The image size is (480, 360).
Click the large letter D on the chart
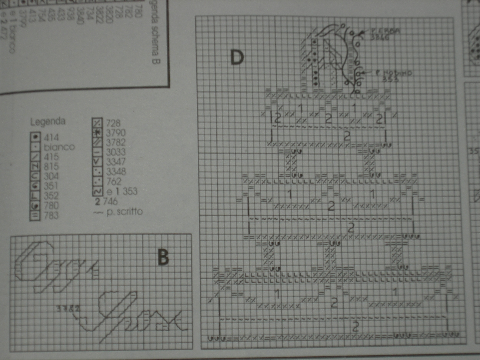tap(237, 57)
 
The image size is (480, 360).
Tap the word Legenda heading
tap(48, 121)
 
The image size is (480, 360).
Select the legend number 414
tap(51, 137)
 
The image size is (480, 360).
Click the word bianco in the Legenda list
tap(59, 147)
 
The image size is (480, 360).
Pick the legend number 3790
tap(116, 133)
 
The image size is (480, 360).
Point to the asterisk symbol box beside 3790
tap(97, 132)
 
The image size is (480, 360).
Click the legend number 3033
tap(116, 152)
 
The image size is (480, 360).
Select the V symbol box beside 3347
tap(97, 161)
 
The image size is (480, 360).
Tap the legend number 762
tap(114, 181)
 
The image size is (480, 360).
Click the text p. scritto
tap(124, 211)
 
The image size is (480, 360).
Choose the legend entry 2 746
tap(106, 201)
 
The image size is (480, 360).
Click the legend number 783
tap(51, 215)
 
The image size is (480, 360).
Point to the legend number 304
tap(51, 176)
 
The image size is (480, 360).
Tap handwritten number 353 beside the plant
tap(390, 79)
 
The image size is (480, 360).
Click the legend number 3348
tap(116, 171)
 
